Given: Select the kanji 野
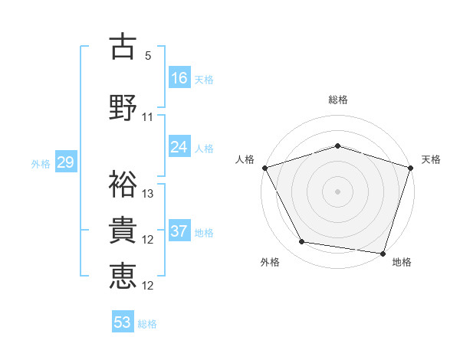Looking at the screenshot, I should pos(123,106).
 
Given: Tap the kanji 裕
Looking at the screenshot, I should pos(123,183).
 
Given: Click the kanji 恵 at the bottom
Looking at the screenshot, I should pos(123,276).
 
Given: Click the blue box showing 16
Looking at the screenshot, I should pos(179,77).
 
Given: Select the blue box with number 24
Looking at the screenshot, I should pos(179,146).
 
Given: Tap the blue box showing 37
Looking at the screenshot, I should pos(179,231).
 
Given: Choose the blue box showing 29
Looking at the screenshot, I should pos(65,162).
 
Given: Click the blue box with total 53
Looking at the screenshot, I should pos(123,322).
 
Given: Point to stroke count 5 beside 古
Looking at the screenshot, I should pos(148,56).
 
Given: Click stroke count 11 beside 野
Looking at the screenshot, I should pos(148,117).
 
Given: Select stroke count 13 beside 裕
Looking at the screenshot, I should pos(148,194).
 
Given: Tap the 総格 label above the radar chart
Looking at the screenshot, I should pos(338,100).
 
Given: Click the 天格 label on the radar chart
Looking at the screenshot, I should pos(432,159).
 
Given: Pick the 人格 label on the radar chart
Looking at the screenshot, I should pos(245,159).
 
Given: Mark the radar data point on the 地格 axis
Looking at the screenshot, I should pos(383,253).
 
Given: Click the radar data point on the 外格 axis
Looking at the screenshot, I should pos(302,242).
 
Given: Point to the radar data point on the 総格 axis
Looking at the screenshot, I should pos(338,146).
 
